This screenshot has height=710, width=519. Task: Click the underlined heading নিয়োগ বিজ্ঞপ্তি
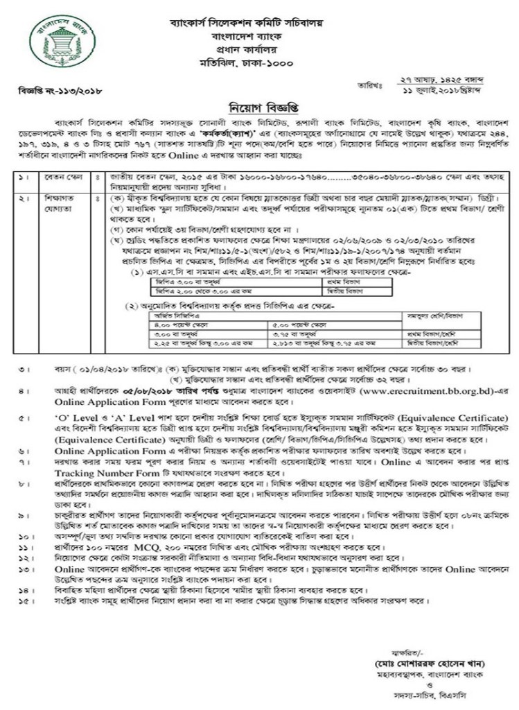[259, 108]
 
